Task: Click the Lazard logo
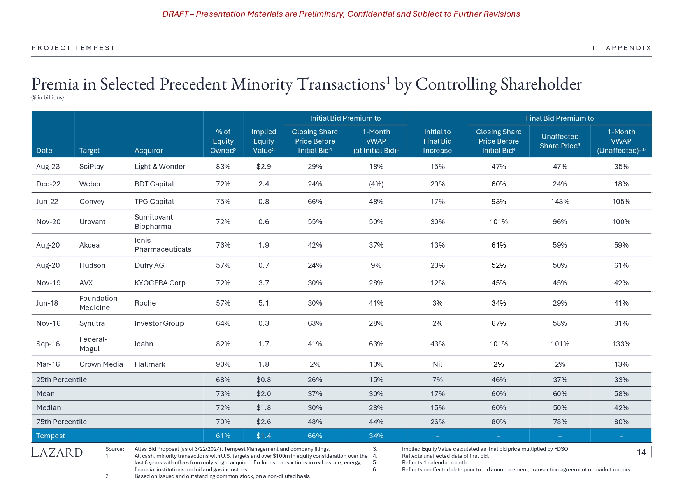[57, 452]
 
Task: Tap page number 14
[641, 452]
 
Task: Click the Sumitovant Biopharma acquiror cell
[154, 222]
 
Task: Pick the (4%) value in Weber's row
[376, 184]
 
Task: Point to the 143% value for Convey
[560, 202]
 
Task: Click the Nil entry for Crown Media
[437, 364]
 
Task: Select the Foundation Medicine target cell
[98, 303]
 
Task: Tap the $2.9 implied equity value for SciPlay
[263, 167]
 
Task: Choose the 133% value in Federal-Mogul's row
[621, 344]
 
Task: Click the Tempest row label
[51, 436]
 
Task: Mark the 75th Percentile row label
[61, 422]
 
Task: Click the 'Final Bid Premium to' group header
[560, 118]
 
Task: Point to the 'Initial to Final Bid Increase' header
[437, 141]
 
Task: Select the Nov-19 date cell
[48, 283]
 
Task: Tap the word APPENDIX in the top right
[629, 48]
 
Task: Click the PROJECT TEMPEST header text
[74, 48]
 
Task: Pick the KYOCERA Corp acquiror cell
[160, 283]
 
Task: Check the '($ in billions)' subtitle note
[47, 97]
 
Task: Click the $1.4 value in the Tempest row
[263, 436]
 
